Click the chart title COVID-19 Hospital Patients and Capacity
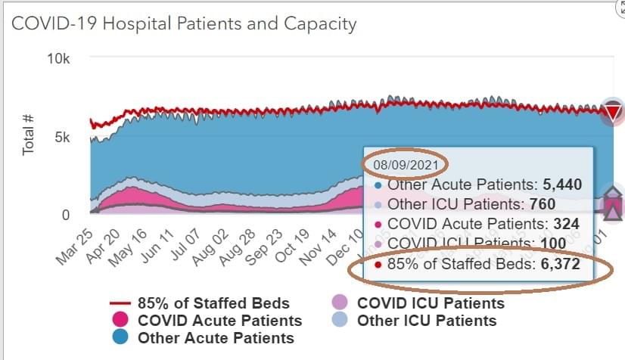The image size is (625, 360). pyautogui.click(x=184, y=23)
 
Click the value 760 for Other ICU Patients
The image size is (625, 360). pyautogui.click(x=543, y=204)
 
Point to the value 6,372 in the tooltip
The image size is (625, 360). pyautogui.click(x=560, y=265)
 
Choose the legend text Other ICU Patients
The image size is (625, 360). pyautogui.click(x=427, y=321)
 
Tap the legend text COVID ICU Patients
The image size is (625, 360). pyautogui.click(x=431, y=303)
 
